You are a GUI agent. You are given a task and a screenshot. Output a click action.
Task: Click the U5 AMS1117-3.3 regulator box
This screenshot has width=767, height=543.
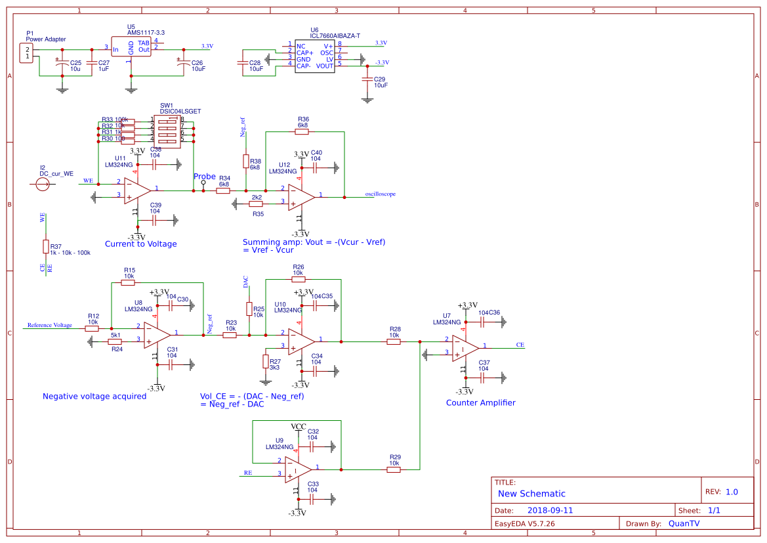tap(131, 47)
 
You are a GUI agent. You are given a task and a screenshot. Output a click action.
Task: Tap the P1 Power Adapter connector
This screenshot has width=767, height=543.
tap(28, 53)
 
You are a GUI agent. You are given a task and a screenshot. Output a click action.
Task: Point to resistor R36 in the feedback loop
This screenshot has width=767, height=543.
tap(302, 132)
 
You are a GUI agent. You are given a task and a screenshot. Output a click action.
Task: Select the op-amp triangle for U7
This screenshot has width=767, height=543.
tap(464, 348)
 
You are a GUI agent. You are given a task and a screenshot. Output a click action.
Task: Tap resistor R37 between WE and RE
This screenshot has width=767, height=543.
tap(45, 246)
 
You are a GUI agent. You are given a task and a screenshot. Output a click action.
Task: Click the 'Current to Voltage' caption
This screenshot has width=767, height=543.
tap(140, 244)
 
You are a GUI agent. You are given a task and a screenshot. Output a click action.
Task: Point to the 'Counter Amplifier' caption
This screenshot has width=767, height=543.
tap(480, 402)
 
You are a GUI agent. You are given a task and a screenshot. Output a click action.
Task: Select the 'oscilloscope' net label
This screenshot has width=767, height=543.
tap(380, 194)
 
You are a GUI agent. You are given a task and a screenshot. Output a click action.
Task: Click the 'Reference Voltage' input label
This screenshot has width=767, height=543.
tap(49, 325)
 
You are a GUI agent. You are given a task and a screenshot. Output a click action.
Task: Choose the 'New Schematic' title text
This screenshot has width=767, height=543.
tap(531, 494)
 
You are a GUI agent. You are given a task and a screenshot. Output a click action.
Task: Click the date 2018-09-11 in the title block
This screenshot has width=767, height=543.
tap(550, 510)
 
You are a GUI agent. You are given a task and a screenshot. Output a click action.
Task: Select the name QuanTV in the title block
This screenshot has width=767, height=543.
tap(683, 523)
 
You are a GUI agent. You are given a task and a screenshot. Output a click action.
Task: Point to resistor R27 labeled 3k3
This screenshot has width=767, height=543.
tap(266, 361)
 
